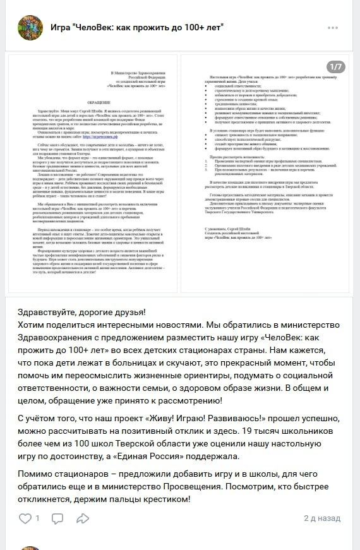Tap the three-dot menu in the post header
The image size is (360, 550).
333,28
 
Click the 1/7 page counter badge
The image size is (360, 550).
335,66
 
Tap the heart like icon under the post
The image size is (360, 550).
25,518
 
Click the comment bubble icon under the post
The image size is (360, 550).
57,518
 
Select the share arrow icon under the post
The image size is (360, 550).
83,518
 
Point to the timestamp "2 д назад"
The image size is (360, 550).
322,518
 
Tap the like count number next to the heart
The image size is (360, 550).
37,518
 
